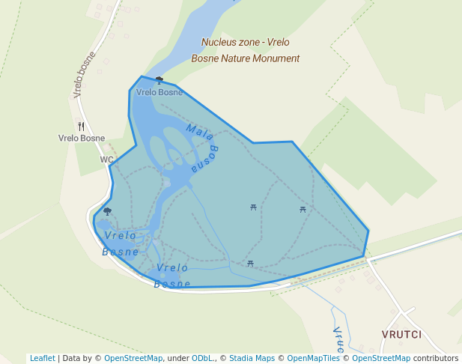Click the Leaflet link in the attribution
(43, 358)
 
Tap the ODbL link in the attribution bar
(203, 358)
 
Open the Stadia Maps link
(252, 358)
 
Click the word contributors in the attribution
(436, 358)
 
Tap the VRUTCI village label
(401, 334)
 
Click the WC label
(106, 160)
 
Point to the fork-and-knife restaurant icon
(82, 127)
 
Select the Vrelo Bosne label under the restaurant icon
(82, 138)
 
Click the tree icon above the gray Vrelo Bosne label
(159, 79)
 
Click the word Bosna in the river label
(204, 158)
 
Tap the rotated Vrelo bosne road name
(85, 75)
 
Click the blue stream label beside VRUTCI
(338, 339)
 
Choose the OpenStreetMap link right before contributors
(380, 358)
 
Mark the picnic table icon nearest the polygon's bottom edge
(250, 263)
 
